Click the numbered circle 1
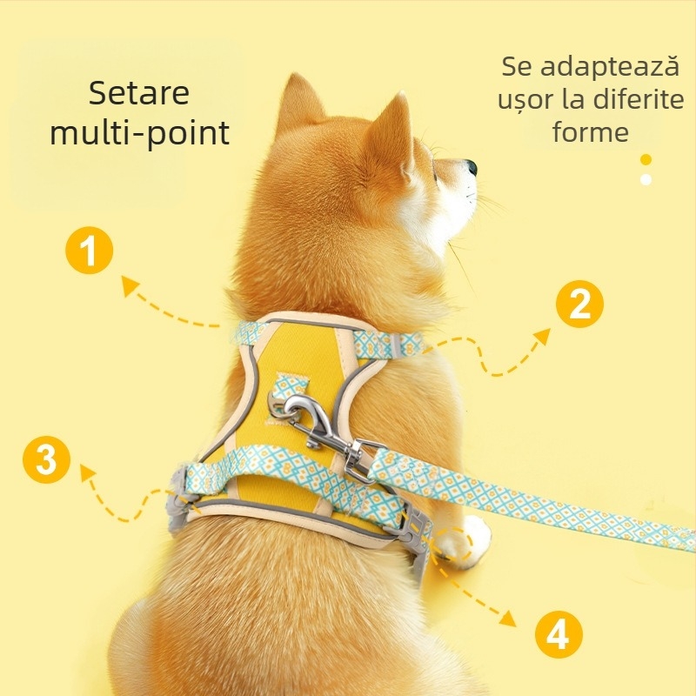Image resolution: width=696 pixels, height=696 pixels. coord(90,253)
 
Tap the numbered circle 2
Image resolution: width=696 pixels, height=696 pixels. coord(579,304)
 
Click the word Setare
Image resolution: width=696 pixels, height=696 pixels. coord(139,93)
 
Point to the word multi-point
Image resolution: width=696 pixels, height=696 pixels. coord(139,133)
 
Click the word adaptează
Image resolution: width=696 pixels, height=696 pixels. coord(610,67)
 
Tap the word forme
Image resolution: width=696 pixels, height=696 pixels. coord(590,132)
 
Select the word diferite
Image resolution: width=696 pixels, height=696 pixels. coord(639,99)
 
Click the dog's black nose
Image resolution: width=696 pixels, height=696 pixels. coord(471,166)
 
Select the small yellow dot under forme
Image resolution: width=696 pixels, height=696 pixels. coord(646,159)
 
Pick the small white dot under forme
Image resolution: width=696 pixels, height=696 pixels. coord(646,179)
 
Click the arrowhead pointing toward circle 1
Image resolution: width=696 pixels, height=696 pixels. coord(129,284)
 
